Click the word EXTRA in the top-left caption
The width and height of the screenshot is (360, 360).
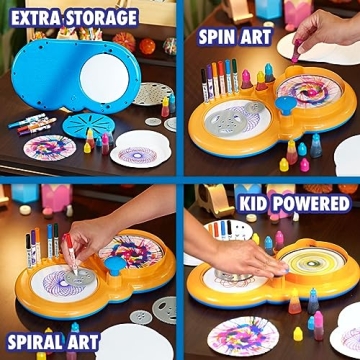click(37, 17)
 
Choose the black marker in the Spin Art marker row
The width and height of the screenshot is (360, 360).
click(211, 79)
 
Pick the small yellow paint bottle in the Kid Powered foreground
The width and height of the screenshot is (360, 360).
click(298, 334)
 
